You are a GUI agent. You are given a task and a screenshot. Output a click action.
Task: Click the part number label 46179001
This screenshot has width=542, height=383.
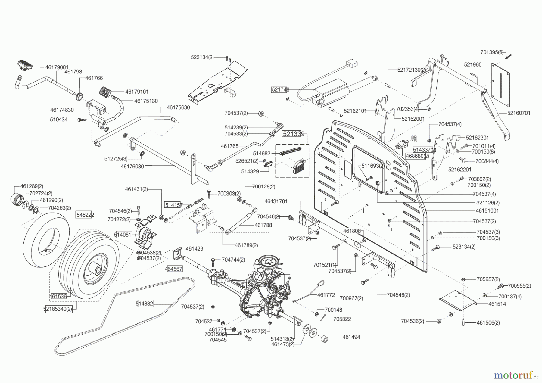click(57, 67)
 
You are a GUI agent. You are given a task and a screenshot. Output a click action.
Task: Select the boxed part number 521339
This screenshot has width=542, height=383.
click(293, 134)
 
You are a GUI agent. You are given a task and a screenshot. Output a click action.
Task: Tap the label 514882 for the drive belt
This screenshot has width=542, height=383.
click(145, 304)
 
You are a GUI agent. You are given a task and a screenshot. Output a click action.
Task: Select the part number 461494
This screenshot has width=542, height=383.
click(351, 337)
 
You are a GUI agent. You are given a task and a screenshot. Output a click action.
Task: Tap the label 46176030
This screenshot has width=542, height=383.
click(132, 166)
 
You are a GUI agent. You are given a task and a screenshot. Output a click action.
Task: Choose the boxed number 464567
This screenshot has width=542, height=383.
click(174, 269)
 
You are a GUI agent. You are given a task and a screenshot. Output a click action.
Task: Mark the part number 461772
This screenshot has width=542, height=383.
click(326, 295)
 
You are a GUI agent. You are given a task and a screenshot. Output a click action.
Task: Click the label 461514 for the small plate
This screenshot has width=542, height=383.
click(497, 304)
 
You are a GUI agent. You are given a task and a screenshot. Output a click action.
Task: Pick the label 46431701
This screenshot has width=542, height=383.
click(276, 201)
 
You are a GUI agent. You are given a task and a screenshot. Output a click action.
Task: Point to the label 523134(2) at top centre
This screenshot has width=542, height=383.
click(202, 57)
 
